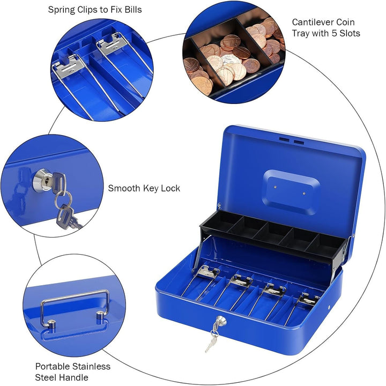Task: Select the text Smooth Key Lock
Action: pos(144,188)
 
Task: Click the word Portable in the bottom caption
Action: pos(54,367)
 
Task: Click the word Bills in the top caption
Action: pos(131,10)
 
